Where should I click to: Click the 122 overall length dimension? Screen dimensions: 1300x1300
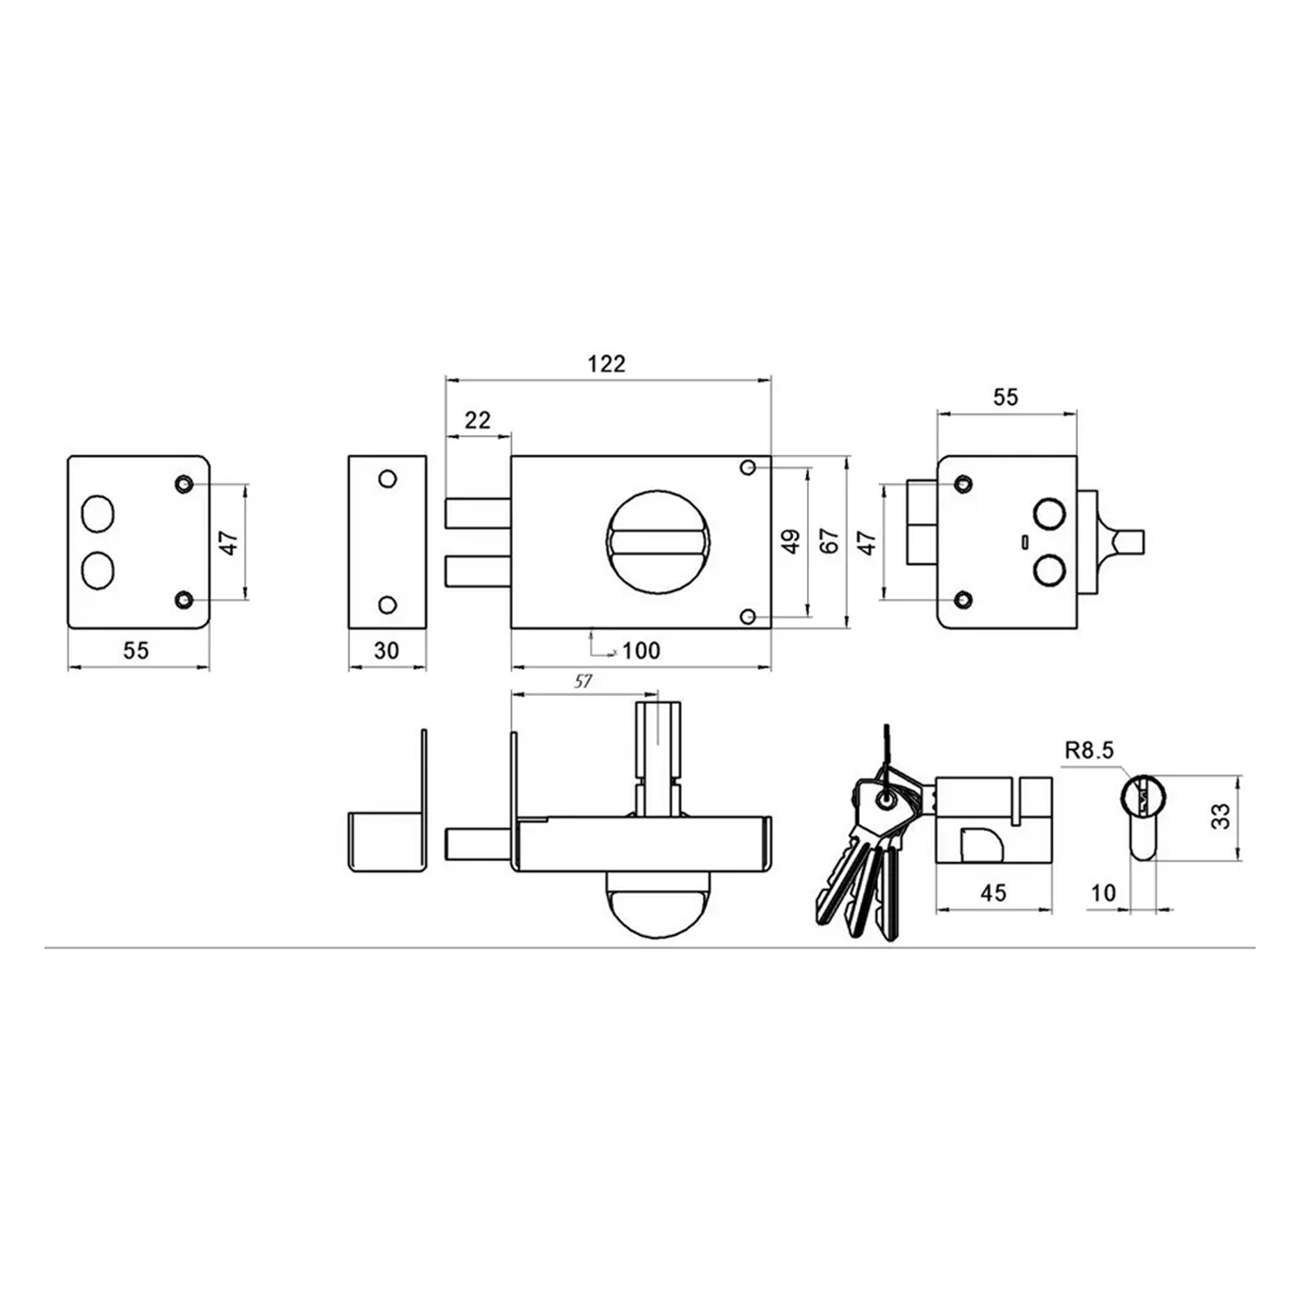606,364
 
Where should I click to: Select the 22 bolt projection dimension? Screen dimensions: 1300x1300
478,421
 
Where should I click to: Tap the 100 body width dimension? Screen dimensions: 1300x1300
641,651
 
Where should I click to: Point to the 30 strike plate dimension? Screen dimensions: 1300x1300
386,651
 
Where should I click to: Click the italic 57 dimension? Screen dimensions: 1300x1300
582,682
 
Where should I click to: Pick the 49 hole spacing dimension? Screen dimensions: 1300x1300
792,541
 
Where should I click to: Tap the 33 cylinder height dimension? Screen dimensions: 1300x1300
1221,817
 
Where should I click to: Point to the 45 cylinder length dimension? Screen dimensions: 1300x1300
993,893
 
